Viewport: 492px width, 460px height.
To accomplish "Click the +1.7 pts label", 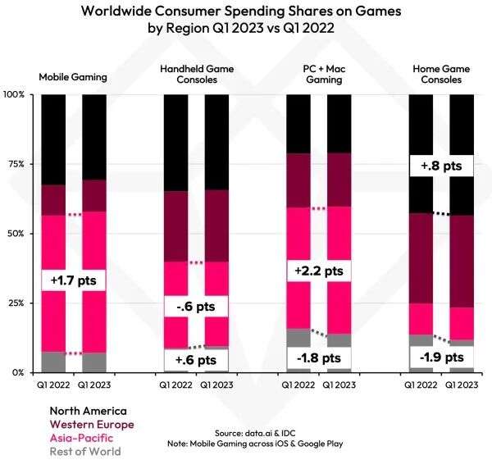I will click(x=74, y=280).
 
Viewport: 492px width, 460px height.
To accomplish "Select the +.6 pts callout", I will click(x=196, y=359).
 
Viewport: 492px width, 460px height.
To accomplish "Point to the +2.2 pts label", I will click(x=318, y=271).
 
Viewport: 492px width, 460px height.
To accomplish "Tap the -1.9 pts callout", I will click(x=441, y=358).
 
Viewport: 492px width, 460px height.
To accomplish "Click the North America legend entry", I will click(x=88, y=411).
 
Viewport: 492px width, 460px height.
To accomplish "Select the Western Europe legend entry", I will click(x=91, y=424).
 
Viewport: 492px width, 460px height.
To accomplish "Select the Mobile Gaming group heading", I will click(x=73, y=77).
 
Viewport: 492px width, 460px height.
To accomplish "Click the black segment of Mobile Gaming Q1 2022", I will click(x=53, y=139).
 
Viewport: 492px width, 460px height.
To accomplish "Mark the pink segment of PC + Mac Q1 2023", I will click(x=339, y=270).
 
